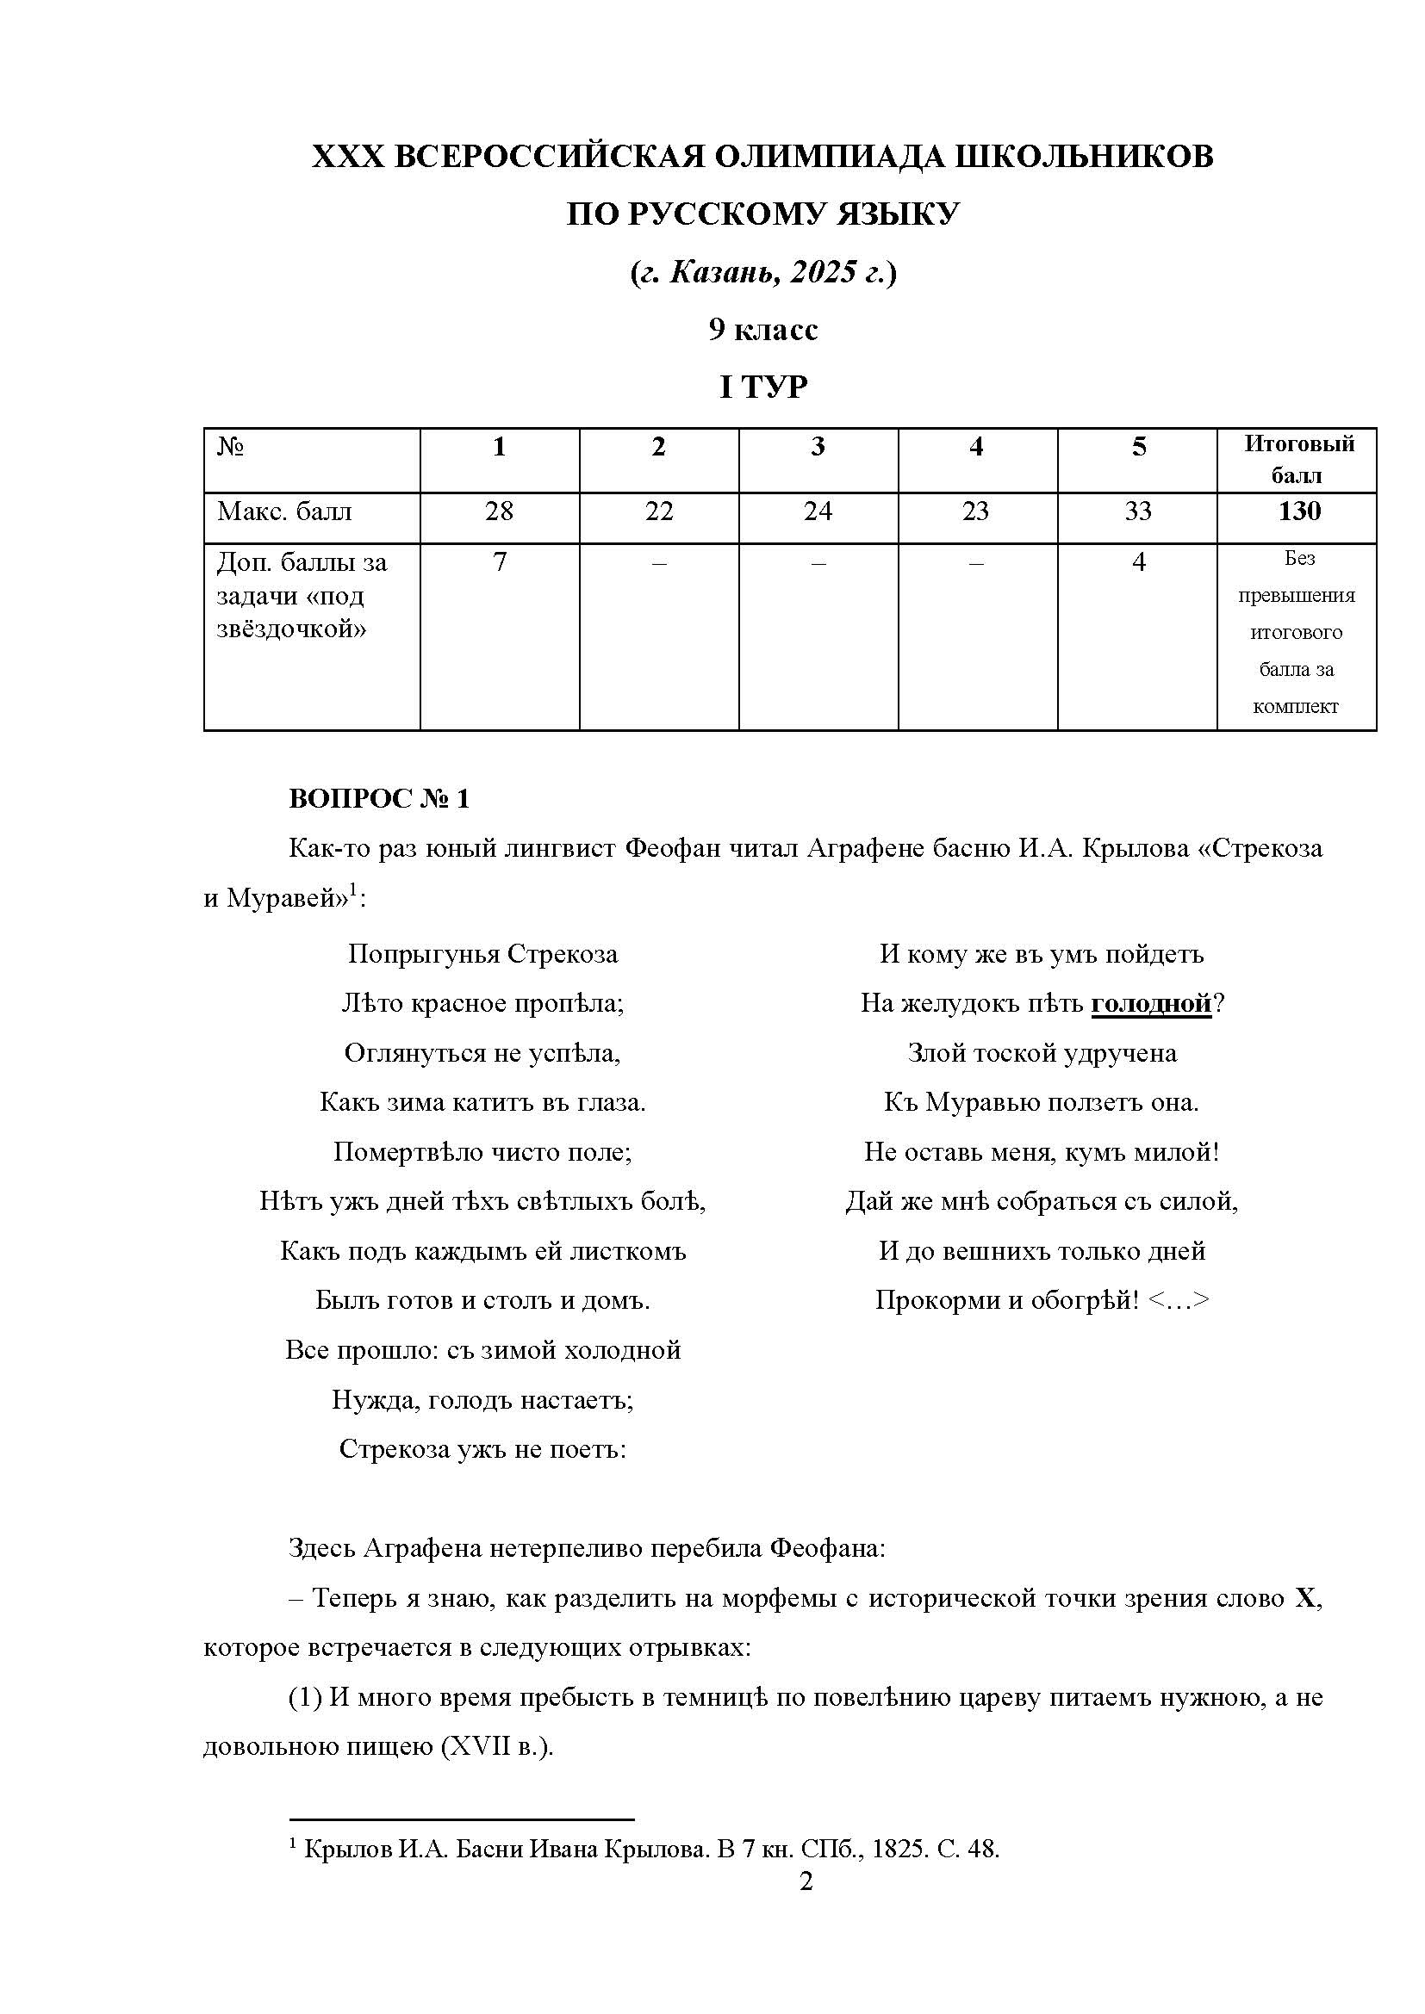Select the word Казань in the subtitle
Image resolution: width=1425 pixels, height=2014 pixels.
pos(720,273)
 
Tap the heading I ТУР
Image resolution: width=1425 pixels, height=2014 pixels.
pos(762,387)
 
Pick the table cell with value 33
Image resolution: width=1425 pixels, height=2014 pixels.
pos(1137,511)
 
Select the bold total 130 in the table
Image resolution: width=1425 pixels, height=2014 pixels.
pos(1297,511)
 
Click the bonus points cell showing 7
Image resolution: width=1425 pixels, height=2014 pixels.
pos(500,562)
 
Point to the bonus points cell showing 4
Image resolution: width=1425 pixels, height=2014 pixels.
pos(1138,562)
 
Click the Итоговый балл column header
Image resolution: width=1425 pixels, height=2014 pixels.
pos(1297,459)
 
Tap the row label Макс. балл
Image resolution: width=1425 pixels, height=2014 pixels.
pos(283,511)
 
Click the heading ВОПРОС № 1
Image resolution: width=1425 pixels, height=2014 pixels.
pos(379,799)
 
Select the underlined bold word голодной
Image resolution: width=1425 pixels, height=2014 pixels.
pos(1150,1003)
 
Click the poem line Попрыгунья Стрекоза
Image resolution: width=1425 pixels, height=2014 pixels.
pos(482,954)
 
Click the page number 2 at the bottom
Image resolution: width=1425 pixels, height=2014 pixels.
pos(806,1881)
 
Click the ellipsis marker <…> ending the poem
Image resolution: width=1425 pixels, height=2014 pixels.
pos(1179,1301)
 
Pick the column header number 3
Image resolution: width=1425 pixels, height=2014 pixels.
pos(818,448)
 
